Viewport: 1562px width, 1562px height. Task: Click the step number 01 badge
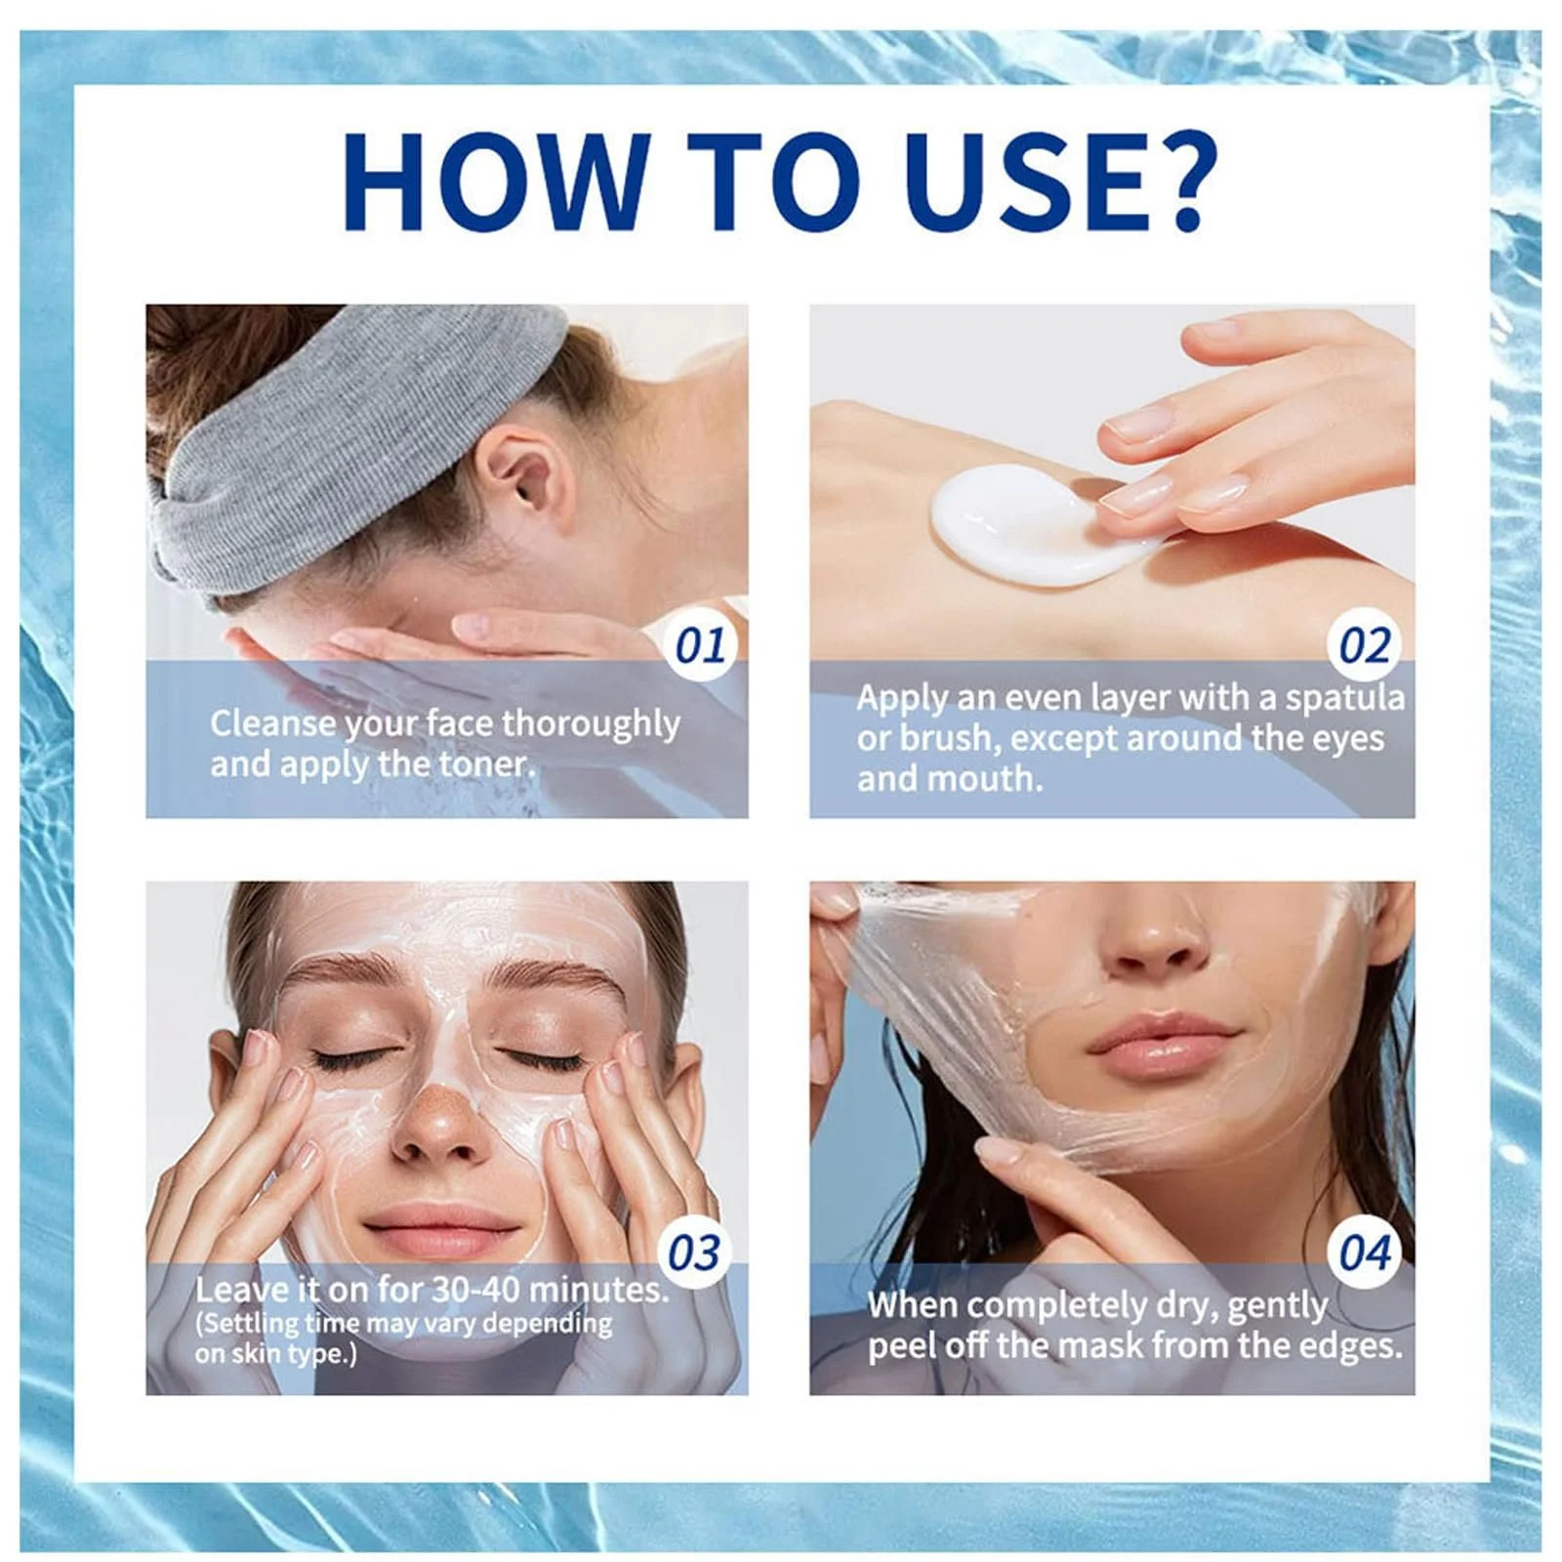coord(701,645)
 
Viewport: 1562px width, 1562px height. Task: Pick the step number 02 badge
coord(1365,645)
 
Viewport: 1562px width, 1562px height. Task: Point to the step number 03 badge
coord(694,1253)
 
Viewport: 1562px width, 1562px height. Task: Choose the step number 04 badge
coord(1365,1253)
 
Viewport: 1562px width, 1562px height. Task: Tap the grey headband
coord(347,439)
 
